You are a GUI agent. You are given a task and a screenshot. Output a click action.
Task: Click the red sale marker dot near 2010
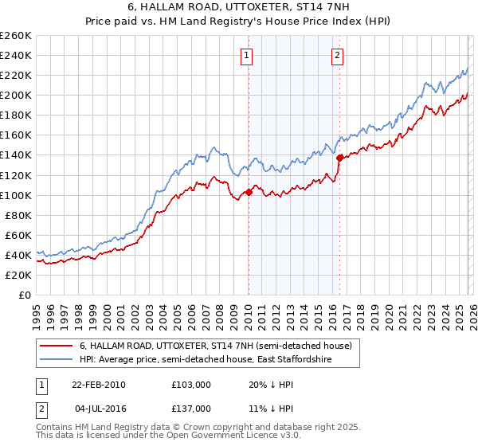[249, 191]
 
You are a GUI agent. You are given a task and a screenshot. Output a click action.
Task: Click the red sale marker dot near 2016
[339, 158]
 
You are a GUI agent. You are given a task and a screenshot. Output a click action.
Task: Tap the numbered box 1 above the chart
[248, 56]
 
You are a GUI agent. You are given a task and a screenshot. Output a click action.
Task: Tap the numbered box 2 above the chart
[338, 56]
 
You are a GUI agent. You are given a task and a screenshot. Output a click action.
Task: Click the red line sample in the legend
[56, 346]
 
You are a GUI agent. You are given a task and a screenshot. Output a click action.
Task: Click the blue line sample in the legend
[56, 360]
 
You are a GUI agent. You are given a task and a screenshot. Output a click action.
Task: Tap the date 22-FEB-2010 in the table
[98, 384]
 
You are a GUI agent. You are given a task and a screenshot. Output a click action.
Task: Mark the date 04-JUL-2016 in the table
[98, 408]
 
